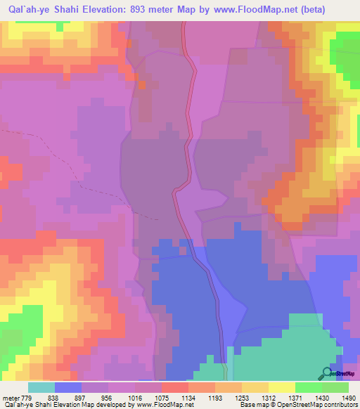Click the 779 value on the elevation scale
coord(27,397)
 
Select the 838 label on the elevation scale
coord(53,397)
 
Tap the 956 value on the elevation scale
coord(107,397)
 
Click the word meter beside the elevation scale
coord(10,397)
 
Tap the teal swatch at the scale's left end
coord(41,387)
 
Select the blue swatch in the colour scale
coord(68,387)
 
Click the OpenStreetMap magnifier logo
coord(327,373)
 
